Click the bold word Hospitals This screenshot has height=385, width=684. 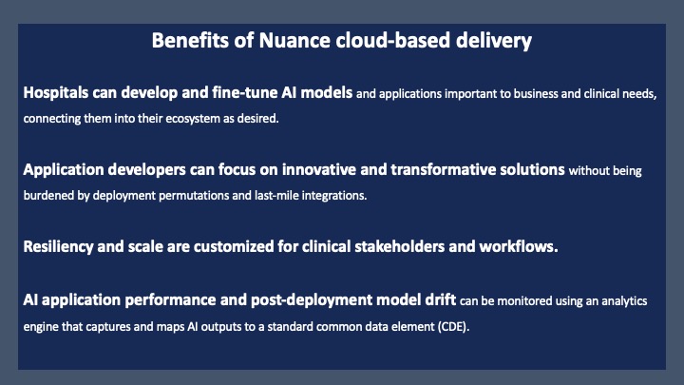56,92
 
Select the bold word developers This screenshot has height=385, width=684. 146,170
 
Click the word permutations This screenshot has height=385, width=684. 193,196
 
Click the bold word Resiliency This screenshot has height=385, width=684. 58,246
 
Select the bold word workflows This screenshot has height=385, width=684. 519,246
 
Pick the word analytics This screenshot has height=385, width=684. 624,301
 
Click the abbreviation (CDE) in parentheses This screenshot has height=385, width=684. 454,326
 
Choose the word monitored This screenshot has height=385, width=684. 524,300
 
